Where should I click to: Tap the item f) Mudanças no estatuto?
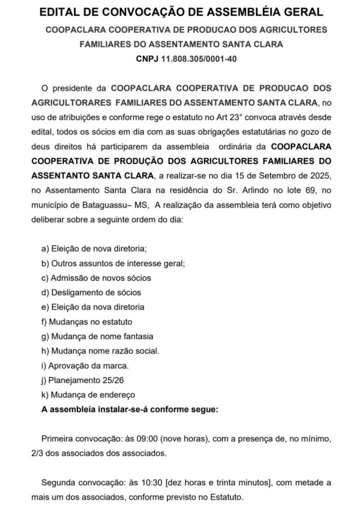pyautogui.click(x=87, y=322)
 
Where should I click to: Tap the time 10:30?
pyautogui.click(x=151, y=483)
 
